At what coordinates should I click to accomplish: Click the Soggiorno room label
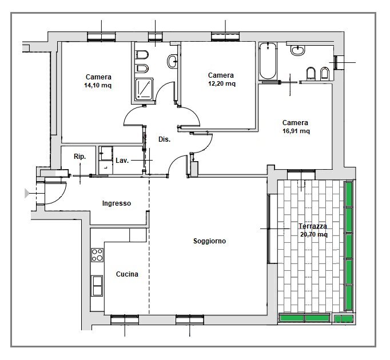(x=209, y=241)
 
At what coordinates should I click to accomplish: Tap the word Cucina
(x=127, y=274)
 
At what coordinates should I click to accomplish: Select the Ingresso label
(x=117, y=203)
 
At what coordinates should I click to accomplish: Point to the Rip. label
(x=80, y=157)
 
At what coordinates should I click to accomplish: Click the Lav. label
(x=121, y=161)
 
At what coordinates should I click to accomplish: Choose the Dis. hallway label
(x=164, y=139)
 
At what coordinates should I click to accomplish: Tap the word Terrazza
(x=313, y=226)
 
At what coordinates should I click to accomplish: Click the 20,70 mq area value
(x=313, y=234)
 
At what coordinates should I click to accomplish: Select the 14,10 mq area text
(x=98, y=86)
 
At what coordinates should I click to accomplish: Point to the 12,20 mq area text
(x=221, y=83)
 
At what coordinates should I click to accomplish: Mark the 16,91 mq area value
(x=296, y=131)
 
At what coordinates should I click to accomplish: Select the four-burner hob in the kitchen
(x=97, y=255)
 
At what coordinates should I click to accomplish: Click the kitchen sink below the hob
(x=97, y=284)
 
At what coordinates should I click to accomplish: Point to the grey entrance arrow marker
(x=27, y=193)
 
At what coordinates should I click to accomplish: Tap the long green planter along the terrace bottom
(x=304, y=318)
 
